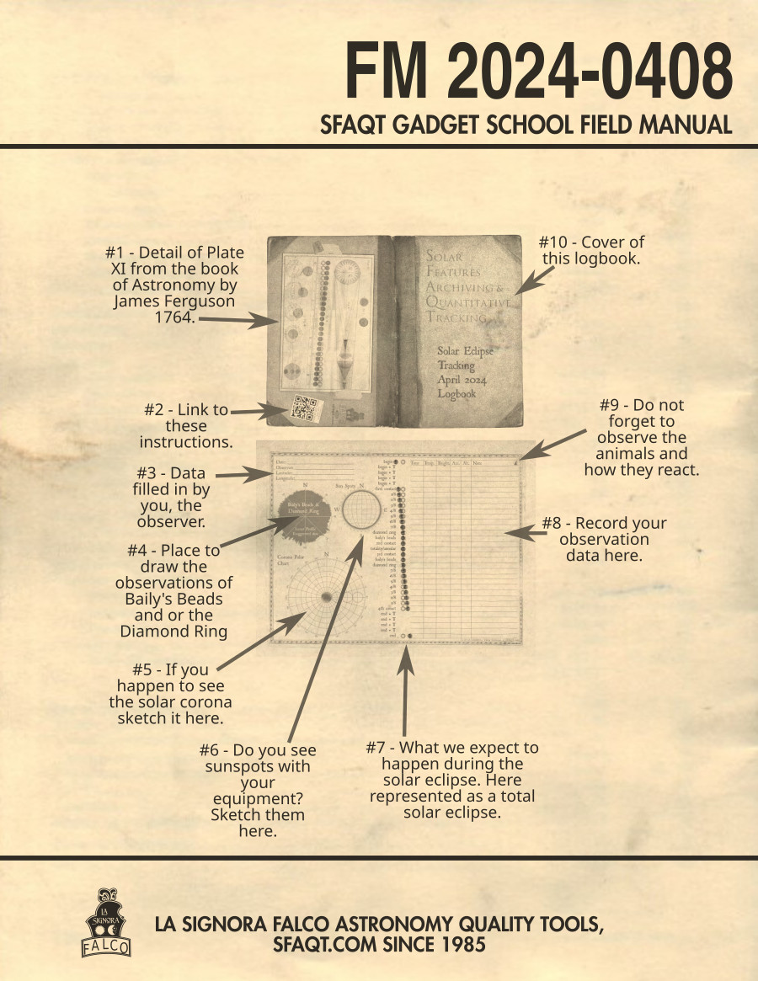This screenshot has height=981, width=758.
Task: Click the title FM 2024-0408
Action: [539, 72]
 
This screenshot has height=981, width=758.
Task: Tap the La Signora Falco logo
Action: [106, 922]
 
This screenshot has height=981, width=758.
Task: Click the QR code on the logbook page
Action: [302, 408]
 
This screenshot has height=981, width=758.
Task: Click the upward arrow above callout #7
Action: [405, 690]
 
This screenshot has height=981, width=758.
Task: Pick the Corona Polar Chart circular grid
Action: [324, 596]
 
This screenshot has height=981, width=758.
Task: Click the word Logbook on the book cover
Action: [456, 393]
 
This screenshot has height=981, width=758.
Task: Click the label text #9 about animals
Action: [642, 437]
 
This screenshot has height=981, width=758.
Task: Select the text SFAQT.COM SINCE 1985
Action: [379, 944]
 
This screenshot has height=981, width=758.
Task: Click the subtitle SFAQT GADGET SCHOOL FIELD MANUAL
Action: [526, 125]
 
